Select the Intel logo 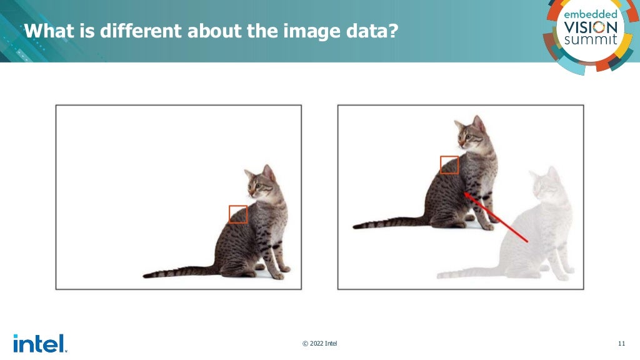(x=39, y=343)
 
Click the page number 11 (x=621, y=343)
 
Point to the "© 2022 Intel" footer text (x=320, y=343)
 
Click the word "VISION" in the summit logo (x=591, y=27)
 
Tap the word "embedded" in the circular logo (x=591, y=14)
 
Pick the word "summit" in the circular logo (x=591, y=40)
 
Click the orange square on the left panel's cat (x=238, y=214)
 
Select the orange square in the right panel (x=449, y=165)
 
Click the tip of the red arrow (x=464, y=194)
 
